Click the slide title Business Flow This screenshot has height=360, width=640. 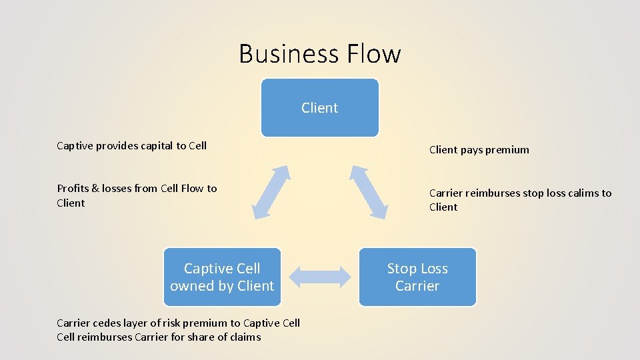coord(320,54)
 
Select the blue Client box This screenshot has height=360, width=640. coord(319,107)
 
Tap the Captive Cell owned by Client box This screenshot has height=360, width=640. coord(222,277)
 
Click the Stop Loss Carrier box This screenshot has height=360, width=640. coord(417,277)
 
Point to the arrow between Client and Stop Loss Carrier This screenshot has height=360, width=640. coord(369,191)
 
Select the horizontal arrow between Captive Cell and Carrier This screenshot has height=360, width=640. coord(320,277)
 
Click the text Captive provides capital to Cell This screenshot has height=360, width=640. coord(131,145)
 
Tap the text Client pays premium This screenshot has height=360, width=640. coord(479,150)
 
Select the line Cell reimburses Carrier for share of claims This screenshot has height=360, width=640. coord(159,337)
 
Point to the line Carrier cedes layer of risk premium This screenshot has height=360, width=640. coord(178,323)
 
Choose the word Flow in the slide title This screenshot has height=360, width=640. coord(371,54)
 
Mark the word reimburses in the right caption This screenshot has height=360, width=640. coord(493,193)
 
